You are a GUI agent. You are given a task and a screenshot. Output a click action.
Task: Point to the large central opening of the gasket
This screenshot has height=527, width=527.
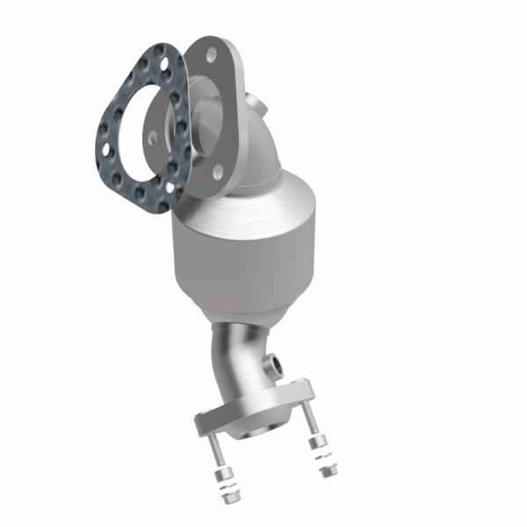tap(145, 126)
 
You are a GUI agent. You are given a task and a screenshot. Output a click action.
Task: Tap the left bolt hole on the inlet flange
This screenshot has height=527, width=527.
tap(154, 136)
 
